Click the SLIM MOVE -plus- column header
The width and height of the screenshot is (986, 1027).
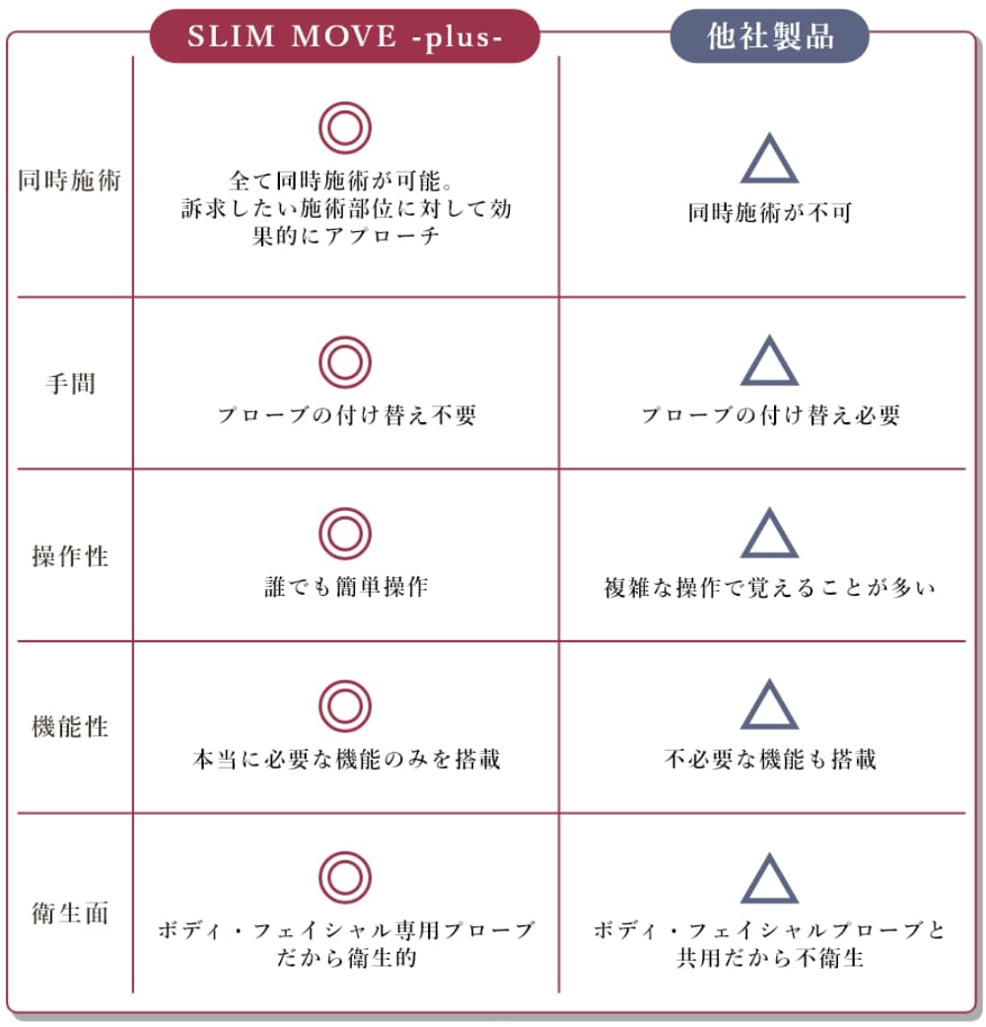pyautogui.click(x=345, y=37)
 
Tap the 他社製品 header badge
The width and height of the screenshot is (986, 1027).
pyautogui.click(x=769, y=37)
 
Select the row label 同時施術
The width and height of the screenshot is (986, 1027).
pyautogui.click(x=69, y=181)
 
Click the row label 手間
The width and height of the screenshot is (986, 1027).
pyautogui.click(x=70, y=383)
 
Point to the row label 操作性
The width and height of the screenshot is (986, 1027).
pyautogui.click(x=70, y=556)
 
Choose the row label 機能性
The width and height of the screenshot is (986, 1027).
pyautogui.click(x=70, y=727)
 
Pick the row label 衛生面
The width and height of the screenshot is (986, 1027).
pyautogui.click(x=70, y=913)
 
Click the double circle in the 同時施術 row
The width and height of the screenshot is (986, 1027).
pyautogui.click(x=345, y=127)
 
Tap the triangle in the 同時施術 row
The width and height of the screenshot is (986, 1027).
pyautogui.click(x=769, y=158)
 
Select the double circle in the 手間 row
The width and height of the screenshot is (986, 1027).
pyautogui.click(x=345, y=362)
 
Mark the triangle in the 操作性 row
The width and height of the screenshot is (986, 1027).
pyautogui.click(x=769, y=533)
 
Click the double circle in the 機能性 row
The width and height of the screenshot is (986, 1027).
pyautogui.click(x=345, y=706)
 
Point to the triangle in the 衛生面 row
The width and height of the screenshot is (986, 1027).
pyautogui.click(x=769, y=878)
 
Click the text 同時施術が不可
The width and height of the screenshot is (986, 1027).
pyautogui.click(x=770, y=212)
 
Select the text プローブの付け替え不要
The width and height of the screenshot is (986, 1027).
pyautogui.click(x=347, y=415)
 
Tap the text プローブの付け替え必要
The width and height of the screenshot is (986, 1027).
pyautogui.click(x=771, y=415)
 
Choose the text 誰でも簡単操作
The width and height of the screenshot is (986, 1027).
pyautogui.click(x=347, y=586)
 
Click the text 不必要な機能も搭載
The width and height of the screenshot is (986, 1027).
pyautogui.click(x=770, y=759)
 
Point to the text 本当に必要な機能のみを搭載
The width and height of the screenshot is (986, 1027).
pyautogui.click(x=347, y=759)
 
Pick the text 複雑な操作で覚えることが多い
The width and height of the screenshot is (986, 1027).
pyautogui.click(x=770, y=588)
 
